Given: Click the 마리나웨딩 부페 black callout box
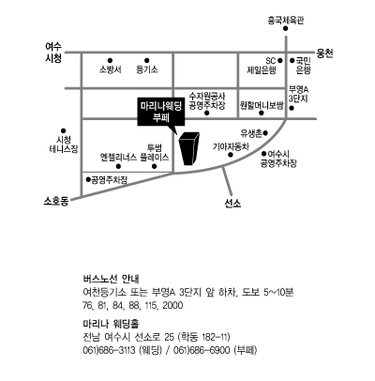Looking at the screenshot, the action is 161,113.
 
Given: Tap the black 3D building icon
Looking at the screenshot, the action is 188,148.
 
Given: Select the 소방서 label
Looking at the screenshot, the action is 111,69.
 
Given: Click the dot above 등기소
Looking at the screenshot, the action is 147,61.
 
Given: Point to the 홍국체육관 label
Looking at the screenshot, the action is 285,21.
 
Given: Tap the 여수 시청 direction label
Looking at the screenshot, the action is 53,53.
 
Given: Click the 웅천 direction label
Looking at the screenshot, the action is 324,53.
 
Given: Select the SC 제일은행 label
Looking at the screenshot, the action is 262,66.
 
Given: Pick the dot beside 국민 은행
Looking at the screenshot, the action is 292,61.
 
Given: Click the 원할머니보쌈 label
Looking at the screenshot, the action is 262,105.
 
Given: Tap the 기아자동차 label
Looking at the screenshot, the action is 231,146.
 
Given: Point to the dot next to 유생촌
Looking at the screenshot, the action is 265,133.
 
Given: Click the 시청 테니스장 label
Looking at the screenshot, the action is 64,144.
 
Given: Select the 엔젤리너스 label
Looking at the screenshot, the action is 118,157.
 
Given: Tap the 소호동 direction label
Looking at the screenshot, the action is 56,201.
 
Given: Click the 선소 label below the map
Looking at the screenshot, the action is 232,204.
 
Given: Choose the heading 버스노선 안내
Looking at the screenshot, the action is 112,279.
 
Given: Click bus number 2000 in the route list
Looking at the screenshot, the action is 172,305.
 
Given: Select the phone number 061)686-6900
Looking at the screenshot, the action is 203,350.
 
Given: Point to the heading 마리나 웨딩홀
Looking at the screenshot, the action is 111,324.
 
